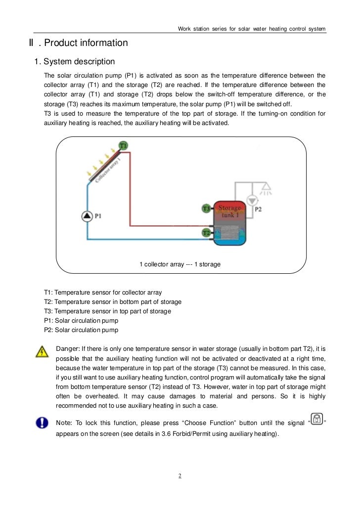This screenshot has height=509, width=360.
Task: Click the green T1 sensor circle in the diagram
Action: point(123,145)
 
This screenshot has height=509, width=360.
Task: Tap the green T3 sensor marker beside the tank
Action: point(207,209)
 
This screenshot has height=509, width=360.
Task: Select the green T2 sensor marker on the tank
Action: point(207,232)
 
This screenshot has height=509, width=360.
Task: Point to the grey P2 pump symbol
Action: point(252,201)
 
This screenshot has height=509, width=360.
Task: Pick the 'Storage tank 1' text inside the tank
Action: point(229,211)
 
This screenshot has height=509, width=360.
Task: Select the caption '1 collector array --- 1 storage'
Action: point(180,264)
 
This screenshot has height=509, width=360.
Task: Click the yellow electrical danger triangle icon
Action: point(42,352)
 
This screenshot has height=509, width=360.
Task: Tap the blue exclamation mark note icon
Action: point(42,423)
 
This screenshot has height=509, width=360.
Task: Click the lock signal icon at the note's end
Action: point(316,419)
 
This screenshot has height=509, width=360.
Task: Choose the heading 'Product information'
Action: point(86,43)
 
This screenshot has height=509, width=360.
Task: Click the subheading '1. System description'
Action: point(74,62)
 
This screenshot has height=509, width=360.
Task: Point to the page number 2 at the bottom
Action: point(180,476)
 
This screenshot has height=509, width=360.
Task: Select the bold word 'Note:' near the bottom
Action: point(64,423)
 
